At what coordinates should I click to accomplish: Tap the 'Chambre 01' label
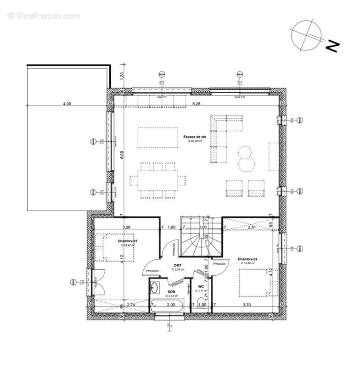(128, 241)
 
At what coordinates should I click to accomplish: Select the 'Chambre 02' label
(247, 259)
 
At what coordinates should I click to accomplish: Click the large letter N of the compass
(332, 45)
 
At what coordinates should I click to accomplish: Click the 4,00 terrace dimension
(67, 104)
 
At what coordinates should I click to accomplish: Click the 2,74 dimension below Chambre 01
(130, 305)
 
